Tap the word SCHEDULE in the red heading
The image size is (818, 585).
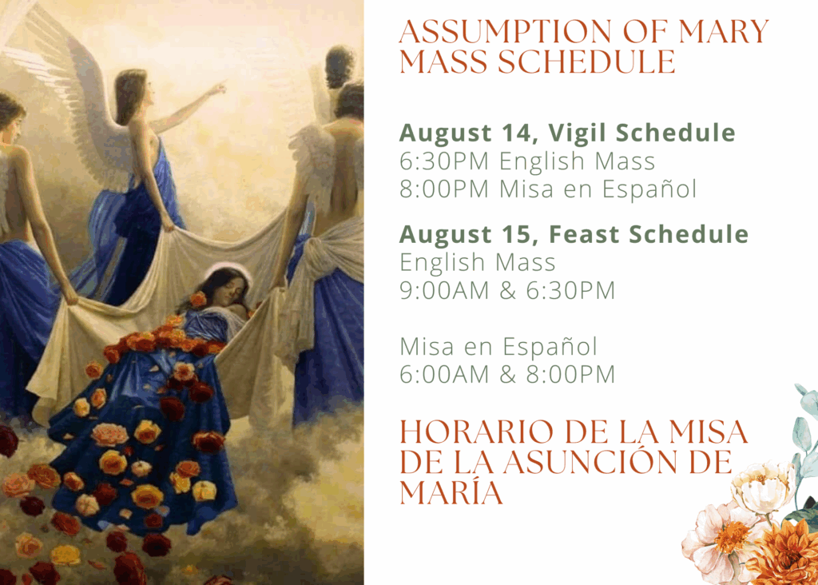586,62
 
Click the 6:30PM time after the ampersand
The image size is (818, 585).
570,291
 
